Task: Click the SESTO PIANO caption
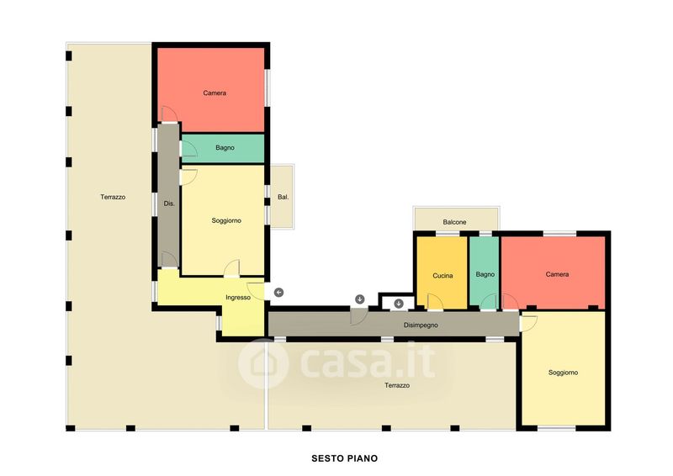tap(344, 458)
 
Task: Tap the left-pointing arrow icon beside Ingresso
tap(279, 293)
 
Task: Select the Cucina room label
tap(442, 276)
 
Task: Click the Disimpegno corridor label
tap(421, 325)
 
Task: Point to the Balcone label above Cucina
tap(454, 222)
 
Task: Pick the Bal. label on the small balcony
tap(284, 197)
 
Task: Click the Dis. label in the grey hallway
tap(169, 204)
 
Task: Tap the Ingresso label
tap(238, 298)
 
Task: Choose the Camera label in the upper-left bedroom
tap(215, 93)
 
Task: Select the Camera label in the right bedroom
tap(557, 274)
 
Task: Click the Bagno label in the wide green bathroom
tap(225, 148)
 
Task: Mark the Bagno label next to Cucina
tap(485, 274)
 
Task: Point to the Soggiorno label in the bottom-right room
tap(563, 373)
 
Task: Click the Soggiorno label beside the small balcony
tap(226, 220)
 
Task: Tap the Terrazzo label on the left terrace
tap(113, 197)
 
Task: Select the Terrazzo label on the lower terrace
tap(397, 385)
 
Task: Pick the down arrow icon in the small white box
tap(399, 304)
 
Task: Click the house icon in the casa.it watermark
tap(263, 363)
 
